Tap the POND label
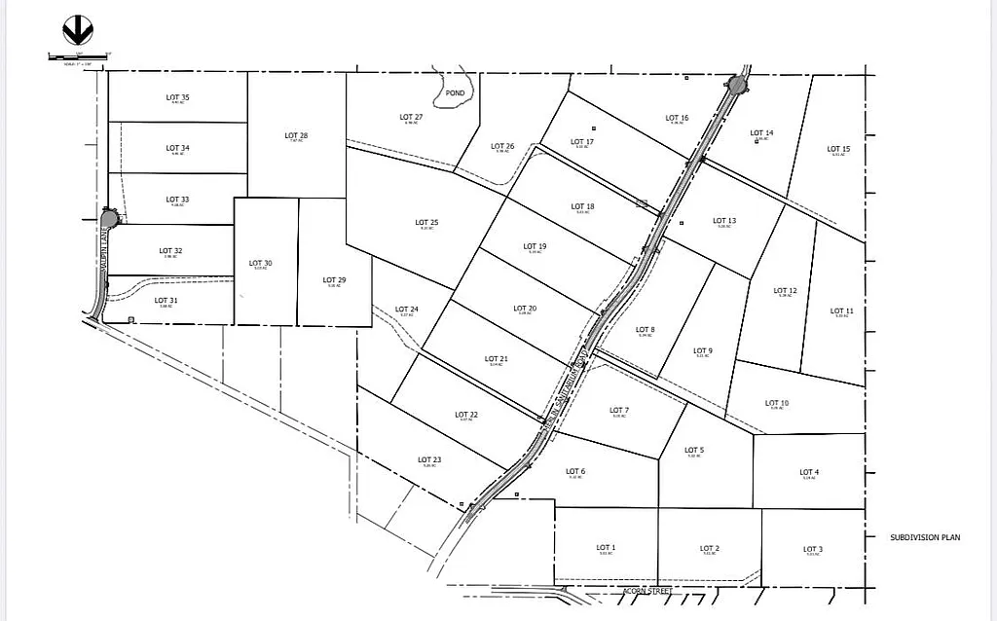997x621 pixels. [x=455, y=92]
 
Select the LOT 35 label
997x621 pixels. [x=177, y=97]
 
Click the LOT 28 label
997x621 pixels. [x=296, y=135]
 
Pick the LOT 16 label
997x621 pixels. [x=677, y=118]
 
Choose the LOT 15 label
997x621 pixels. [x=838, y=149]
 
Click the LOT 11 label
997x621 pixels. [x=842, y=311]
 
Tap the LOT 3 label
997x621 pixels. [x=813, y=548]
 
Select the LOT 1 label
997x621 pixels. [x=606, y=547]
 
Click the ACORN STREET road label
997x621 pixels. [x=647, y=591]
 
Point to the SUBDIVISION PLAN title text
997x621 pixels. [x=924, y=537]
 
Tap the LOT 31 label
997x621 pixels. [x=166, y=300]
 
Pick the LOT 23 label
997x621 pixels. [x=429, y=459]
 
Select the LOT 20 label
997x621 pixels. [x=525, y=309]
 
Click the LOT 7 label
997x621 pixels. [x=619, y=410]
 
